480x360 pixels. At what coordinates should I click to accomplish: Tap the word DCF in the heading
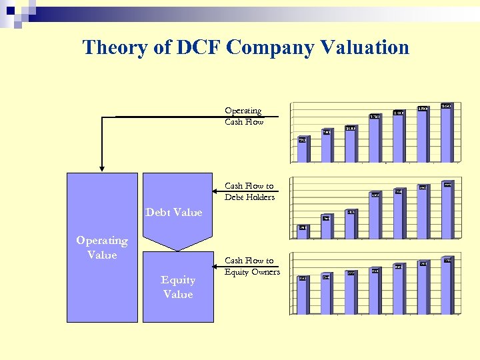(197, 47)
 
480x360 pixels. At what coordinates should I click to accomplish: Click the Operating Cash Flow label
(244, 116)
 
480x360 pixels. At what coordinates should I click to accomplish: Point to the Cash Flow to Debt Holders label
(249, 191)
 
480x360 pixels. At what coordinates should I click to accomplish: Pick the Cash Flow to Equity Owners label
(252, 266)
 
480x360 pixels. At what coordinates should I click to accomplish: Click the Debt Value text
(173, 212)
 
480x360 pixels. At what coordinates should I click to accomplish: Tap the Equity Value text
(178, 287)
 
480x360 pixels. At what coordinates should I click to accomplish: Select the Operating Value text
(101, 247)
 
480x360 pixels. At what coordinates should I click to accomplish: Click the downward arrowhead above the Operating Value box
(102, 167)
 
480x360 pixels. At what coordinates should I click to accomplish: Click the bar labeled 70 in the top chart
(303, 151)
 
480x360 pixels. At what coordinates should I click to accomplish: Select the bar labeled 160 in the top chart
(446, 133)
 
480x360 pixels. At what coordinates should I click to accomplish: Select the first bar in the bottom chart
(303, 296)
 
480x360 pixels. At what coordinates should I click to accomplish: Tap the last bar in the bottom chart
(447, 287)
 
